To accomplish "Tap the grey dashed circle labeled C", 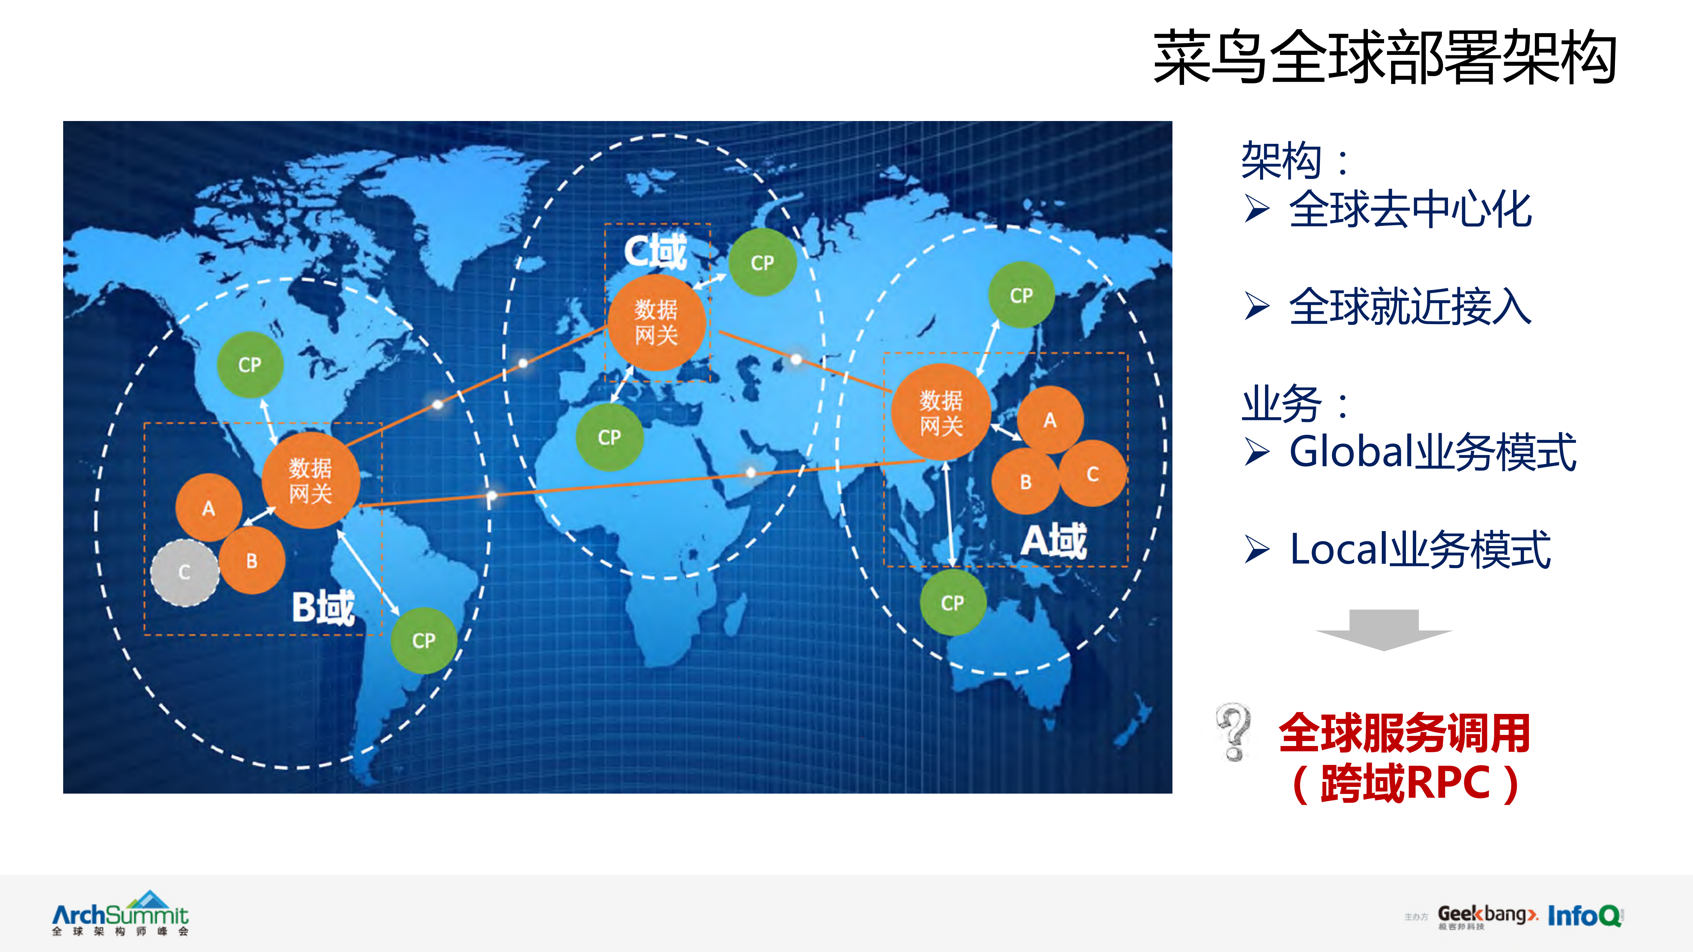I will tap(185, 572).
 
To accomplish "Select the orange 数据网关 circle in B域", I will tap(311, 480).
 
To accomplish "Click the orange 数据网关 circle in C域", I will tap(656, 322).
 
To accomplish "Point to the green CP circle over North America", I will tap(250, 365).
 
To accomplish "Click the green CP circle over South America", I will tap(424, 641).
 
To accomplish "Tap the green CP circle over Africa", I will tap(609, 437).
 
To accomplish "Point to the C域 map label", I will tap(655, 252).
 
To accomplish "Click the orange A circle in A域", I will tap(1050, 420).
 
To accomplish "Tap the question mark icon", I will tap(1234, 731).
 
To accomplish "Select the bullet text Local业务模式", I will tap(1419, 549).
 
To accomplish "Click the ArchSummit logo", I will tap(120, 913).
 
